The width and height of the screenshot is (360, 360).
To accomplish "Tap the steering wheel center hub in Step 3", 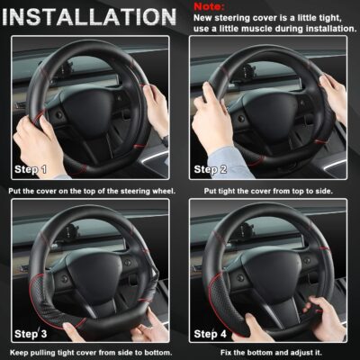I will pos(90,270).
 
